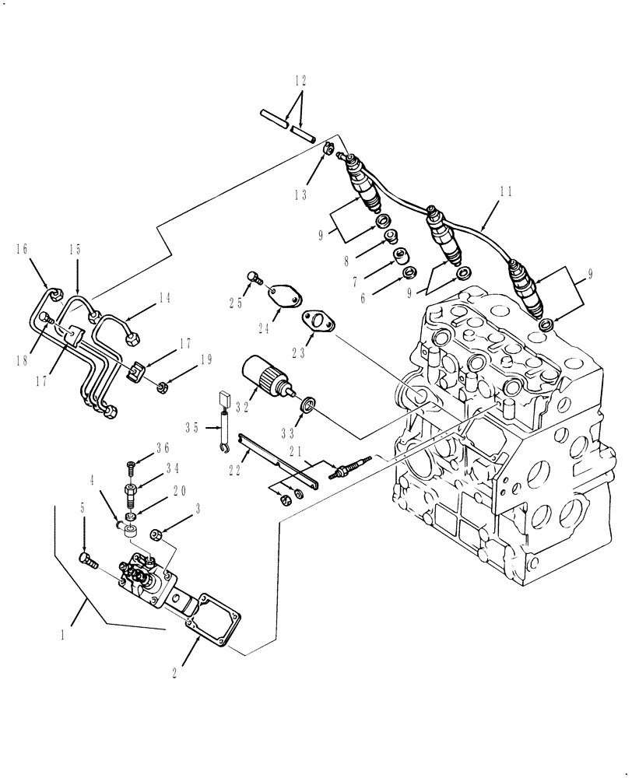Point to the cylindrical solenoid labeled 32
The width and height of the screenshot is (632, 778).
[265, 375]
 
